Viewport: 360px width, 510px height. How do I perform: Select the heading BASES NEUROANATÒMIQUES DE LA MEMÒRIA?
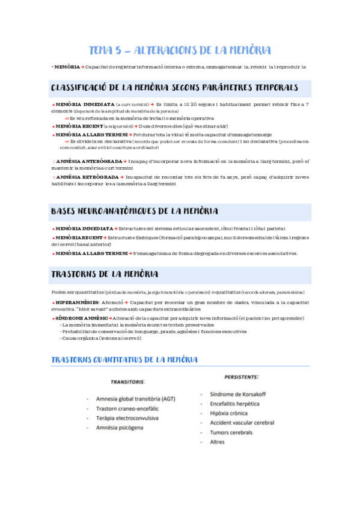[135, 211]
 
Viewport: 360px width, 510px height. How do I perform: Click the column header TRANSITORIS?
[127, 382]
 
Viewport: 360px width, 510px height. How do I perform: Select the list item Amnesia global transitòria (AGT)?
[136, 399]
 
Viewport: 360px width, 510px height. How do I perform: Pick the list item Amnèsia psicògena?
[120, 428]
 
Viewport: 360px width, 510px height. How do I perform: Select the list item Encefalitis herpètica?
[235, 404]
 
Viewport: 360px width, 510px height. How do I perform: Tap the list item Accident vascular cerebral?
[242, 423]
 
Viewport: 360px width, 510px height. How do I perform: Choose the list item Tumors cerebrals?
[231, 432]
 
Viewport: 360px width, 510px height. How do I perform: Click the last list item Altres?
[217, 442]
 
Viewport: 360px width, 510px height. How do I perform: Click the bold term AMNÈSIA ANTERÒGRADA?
[90, 162]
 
